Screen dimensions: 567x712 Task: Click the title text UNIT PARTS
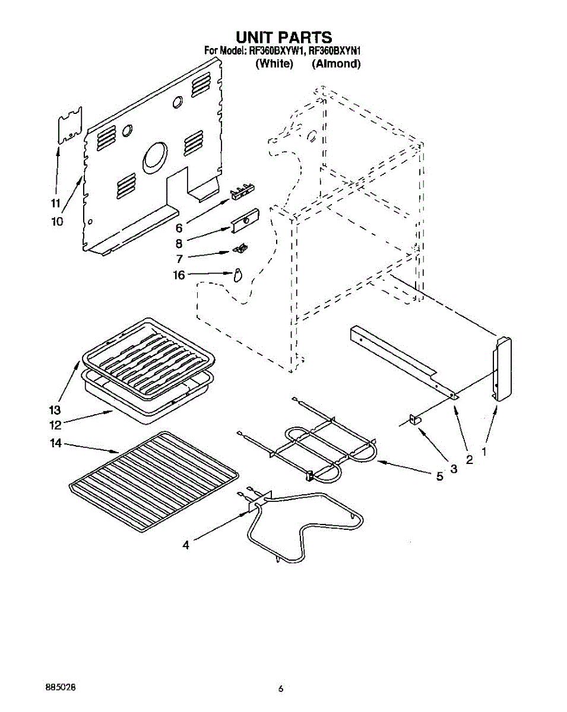point(284,38)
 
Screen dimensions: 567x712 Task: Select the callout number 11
point(55,204)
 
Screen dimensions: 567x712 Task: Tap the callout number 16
point(179,275)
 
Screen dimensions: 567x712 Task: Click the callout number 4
point(186,545)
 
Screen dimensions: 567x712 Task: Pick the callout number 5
point(440,476)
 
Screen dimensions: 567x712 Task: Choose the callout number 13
point(55,410)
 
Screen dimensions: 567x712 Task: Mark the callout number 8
point(179,242)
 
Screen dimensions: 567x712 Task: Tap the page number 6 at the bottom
point(281,689)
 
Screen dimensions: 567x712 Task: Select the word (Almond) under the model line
point(336,64)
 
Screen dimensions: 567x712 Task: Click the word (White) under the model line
point(274,64)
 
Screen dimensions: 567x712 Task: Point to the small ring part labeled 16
point(238,275)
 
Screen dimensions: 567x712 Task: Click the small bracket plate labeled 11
point(69,126)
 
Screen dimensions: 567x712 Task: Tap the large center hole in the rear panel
point(155,158)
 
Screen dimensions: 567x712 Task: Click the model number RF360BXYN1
point(335,51)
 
